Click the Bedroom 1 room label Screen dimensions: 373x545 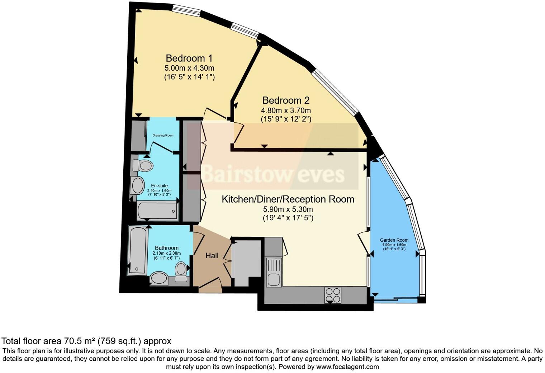pos(189,58)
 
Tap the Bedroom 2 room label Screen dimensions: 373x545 pos(286,100)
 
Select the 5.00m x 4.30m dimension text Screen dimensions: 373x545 pos(189,68)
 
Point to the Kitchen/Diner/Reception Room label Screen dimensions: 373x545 pos(288,199)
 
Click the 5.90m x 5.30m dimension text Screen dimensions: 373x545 pos(288,209)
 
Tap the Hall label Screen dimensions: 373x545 pos(212,256)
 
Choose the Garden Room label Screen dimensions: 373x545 pos(394,240)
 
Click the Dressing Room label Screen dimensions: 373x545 pos(163,136)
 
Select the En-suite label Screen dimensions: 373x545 pos(159,186)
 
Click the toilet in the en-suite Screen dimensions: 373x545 pos(143,166)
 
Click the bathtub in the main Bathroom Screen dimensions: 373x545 pos(138,250)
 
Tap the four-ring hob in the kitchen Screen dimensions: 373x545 pos(333,295)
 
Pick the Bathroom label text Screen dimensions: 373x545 pos(167,248)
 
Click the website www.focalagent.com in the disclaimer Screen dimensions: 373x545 pos(347,367)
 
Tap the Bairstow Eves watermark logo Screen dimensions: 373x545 pos(272,175)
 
